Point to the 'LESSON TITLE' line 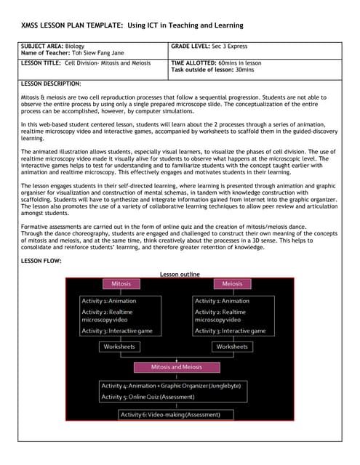pyautogui.click(x=87, y=63)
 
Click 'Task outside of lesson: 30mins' pyautogui.click(x=211, y=70)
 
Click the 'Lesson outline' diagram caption pyautogui.click(x=179, y=274)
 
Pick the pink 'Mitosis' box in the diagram pyautogui.click(x=121, y=283)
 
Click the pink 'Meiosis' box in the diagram pyautogui.click(x=232, y=283)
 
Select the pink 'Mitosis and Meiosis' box pyautogui.click(x=177, y=368)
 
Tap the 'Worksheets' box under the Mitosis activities pyautogui.click(x=119, y=347)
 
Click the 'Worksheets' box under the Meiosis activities pyautogui.click(x=232, y=347)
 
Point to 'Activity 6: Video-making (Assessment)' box pyautogui.click(x=177, y=414)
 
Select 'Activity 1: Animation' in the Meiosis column pyautogui.click(x=222, y=301)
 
